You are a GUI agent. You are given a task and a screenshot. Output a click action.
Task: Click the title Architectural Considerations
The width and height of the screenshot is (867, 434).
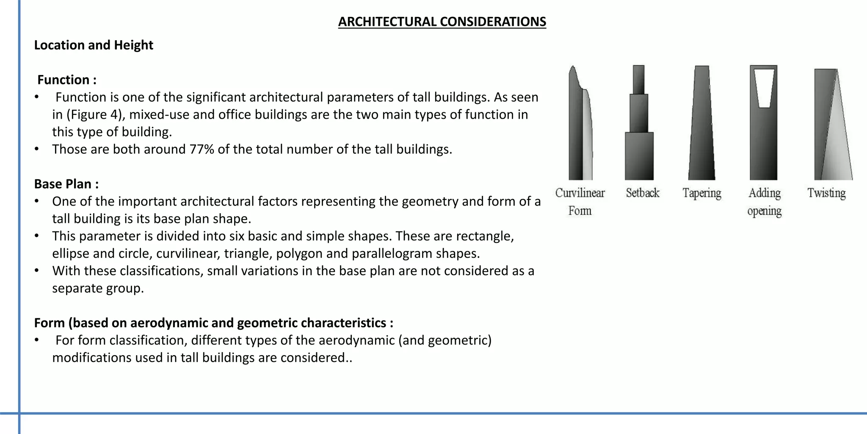[442, 22]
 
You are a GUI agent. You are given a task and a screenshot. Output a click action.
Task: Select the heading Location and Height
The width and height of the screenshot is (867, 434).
[94, 45]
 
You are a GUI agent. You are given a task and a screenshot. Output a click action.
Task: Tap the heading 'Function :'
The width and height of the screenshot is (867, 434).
[67, 80]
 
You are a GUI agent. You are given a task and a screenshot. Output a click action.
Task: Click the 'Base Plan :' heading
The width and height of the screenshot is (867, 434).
[66, 184]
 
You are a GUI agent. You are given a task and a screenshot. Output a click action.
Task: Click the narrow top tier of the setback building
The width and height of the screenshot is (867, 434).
[639, 79]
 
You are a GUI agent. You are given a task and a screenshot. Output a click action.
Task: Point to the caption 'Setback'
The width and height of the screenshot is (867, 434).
[643, 193]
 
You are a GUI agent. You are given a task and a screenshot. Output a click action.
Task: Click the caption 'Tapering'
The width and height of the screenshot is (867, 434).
[701, 193]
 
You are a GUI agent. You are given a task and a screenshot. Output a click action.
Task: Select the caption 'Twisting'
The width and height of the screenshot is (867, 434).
[826, 193]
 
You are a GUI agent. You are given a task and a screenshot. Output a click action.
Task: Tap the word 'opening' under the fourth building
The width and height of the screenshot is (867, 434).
[764, 211]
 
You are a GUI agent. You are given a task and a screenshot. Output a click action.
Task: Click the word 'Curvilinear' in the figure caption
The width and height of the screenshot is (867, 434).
[580, 193]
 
